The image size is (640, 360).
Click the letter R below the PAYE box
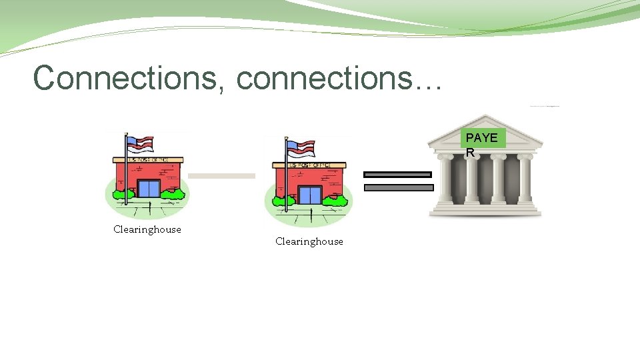[x=470, y=153]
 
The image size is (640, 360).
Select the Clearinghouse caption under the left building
[x=147, y=229]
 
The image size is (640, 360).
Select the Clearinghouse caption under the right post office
[x=309, y=241]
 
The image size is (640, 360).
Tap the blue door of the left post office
[x=148, y=189]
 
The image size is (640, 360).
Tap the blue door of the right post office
[x=309, y=195]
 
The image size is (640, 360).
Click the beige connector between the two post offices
[x=221, y=176]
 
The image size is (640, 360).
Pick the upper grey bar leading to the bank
[x=397, y=175]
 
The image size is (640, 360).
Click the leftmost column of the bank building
[x=445, y=179]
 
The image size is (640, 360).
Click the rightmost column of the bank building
[x=525, y=179]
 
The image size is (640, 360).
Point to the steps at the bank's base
[x=485, y=209]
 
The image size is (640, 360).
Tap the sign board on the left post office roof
[x=148, y=160]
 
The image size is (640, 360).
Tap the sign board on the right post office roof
[x=309, y=165]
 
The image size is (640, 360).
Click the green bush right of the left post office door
[x=174, y=194]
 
